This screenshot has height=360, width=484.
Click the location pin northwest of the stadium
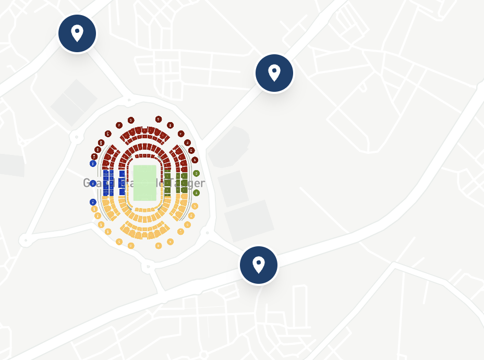[x=77, y=33]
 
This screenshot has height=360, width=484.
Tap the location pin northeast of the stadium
[x=274, y=73]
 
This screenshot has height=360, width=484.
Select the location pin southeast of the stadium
[x=259, y=265]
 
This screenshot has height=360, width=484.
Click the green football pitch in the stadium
[x=144, y=183]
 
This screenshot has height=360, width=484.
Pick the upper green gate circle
[x=196, y=173]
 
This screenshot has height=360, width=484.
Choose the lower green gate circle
[x=196, y=193]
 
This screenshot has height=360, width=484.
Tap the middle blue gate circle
[x=93, y=183]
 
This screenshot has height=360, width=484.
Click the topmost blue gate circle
[x=93, y=163]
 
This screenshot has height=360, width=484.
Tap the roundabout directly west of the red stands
[x=77, y=137]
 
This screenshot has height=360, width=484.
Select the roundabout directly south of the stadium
[x=149, y=267]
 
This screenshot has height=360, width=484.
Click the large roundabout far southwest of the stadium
[x=25, y=240]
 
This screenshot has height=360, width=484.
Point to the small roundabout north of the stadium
[x=128, y=99]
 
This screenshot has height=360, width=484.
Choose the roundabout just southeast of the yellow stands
[x=207, y=232]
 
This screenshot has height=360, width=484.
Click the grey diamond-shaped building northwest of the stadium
[x=74, y=102]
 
